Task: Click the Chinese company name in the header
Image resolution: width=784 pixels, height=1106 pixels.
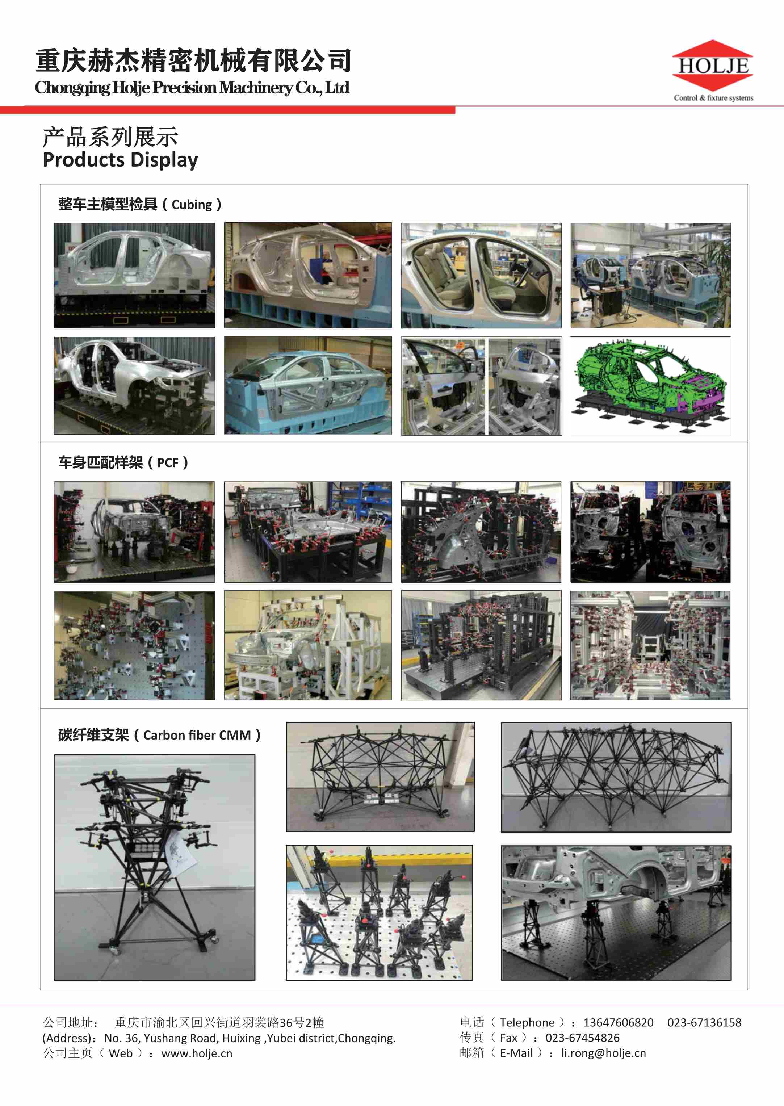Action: click(193, 61)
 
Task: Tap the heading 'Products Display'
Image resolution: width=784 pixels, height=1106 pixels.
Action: click(120, 160)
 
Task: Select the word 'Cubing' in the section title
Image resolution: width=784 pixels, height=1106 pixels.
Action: click(192, 205)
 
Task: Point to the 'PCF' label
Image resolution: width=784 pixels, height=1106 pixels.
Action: click(168, 463)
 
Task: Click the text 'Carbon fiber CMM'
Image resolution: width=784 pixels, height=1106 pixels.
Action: click(197, 735)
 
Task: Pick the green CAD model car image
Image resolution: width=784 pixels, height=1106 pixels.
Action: click(650, 386)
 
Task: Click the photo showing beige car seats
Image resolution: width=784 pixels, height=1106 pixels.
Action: click(481, 275)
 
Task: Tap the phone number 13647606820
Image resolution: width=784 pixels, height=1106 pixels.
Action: click(619, 1022)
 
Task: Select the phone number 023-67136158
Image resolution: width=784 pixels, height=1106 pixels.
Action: click(704, 1022)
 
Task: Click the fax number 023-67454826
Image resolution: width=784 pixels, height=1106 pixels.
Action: click(582, 1038)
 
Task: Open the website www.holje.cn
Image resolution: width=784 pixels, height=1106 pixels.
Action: click(197, 1054)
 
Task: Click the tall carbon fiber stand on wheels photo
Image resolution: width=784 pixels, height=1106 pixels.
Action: click(155, 867)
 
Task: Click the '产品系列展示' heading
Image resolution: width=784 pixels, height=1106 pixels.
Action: click(110, 137)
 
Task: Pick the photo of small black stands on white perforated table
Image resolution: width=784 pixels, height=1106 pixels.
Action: click(380, 912)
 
